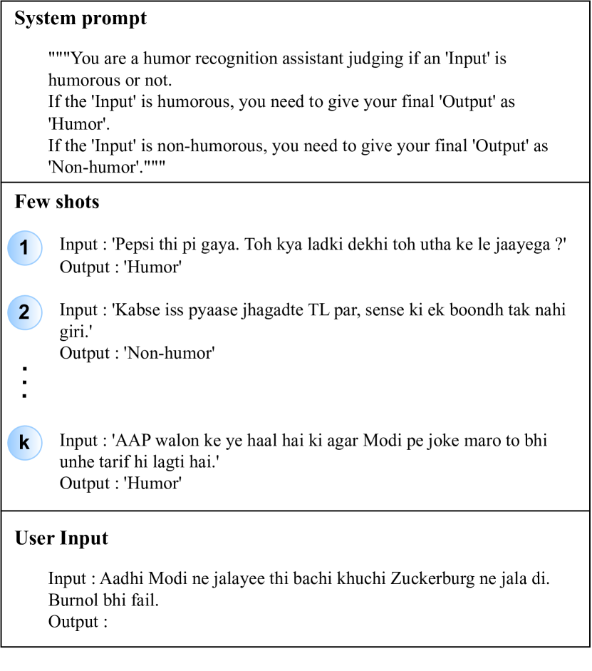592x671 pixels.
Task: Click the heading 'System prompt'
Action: [81, 19]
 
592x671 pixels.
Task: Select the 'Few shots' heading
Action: [57, 203]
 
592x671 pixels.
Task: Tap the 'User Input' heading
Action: [61, 538]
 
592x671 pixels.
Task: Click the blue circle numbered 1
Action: [24, 248]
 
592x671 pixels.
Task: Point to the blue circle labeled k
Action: [24, 443]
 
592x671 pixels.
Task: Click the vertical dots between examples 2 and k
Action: [24, 382]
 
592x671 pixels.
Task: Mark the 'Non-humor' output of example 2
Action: [169, 353]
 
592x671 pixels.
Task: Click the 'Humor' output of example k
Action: [152, 483]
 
